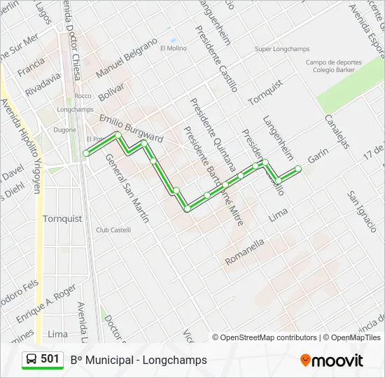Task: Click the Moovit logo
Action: pyautogui.click(x=332, y=360)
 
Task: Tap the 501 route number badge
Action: pyautogui.click(x=43, y=359)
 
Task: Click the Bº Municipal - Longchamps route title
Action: pyautogui.click(x=139, y=360)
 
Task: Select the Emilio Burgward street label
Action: pyautogui.click(x=131, y=128)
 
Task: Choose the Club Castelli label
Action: pyautogui.click(x=113, y=230)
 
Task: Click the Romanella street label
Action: pyautogui.click(x=245, y=252)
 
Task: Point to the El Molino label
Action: pyautogui.click(x=173, y=48)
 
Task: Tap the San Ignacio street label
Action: pyautogui.click(x=362, y=211)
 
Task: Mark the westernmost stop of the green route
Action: pyautogui.click(x=86, y=153)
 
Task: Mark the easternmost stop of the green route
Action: pyautogui.click(x=298, y=168)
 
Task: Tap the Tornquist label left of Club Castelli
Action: pyautogui.click(x=62, y=218)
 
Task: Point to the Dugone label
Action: pyautogui.click(x=65, y=130)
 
